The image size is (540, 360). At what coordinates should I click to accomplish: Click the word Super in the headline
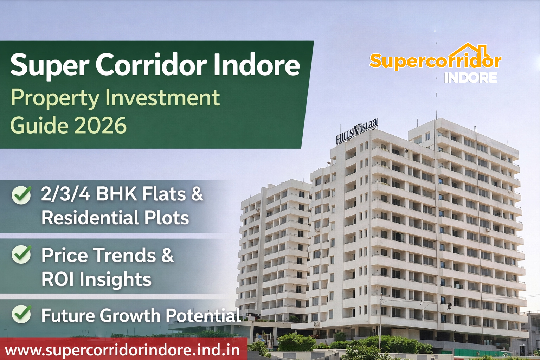click(x=49, y=65)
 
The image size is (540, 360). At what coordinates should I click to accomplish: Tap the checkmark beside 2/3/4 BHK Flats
click(x=21, y=195)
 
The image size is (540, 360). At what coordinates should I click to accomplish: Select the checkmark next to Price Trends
click(x=21, y=254)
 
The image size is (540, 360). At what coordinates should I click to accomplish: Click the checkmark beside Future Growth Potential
click(x=21, y=314)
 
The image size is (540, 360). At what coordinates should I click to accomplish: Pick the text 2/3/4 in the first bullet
click(x=66, y=194)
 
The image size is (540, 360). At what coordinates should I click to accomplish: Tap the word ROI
click(x=57, y=279)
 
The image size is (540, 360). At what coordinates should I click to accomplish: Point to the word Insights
click(x=115, y=279)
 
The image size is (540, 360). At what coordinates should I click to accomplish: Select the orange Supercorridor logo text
click(x=435, y=62)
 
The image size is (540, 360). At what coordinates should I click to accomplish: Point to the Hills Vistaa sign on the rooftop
click(x=356, y=132)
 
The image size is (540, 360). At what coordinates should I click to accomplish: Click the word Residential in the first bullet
click(x=90, y=218)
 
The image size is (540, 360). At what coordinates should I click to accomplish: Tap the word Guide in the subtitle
click(x=39, y=126)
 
